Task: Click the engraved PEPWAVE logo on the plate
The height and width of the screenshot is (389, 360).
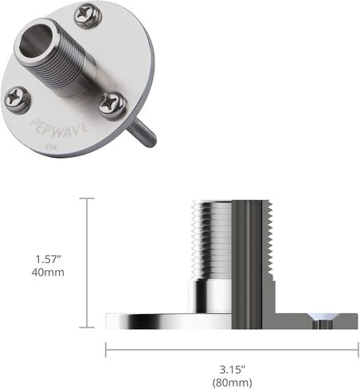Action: pyautogui.click(x=59, y=128)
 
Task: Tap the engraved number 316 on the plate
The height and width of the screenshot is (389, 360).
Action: pyautogui.click(x=50, y=147)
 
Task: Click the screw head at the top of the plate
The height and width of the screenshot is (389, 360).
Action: pyautogui.click(x=88, y=17)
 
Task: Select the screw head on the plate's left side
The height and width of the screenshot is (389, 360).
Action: pyautogui.click(x=17, y=100)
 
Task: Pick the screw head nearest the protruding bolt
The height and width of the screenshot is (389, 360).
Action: pyautogui.click(x=112, y=104)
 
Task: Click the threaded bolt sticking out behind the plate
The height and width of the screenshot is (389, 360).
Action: pyautogui.click(x=143, y=132)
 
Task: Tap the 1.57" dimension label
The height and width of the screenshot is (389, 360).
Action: pyautogui.click(x=48, y=259)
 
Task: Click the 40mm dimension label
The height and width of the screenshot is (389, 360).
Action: pyautogui.click(x=48, y=273)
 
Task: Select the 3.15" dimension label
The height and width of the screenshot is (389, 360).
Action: pyautogui.click(x=232, y=369)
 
